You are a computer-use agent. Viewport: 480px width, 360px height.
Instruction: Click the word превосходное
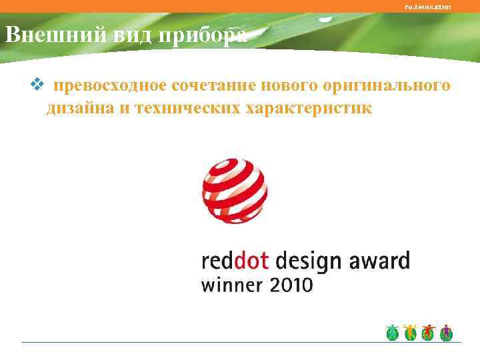click(x=110, y=86)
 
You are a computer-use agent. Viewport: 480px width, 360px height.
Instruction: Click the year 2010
click(x=290, y=286)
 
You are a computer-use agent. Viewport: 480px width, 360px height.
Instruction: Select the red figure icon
click(x=429, y=333)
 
